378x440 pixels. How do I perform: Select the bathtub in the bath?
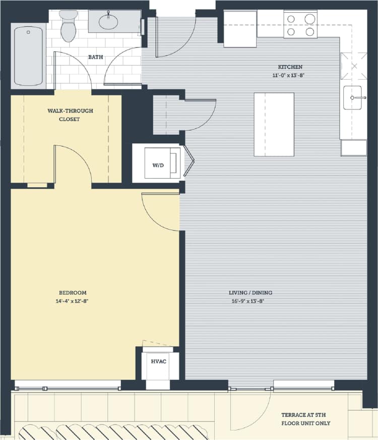28,56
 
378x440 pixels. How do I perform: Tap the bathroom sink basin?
108,22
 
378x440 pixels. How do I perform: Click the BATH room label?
96,57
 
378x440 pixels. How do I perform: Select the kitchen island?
274,125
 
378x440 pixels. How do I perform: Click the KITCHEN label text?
290,67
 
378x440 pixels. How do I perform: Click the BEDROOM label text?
73,293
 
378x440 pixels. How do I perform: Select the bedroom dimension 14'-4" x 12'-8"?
73,301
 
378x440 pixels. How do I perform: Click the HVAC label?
158,361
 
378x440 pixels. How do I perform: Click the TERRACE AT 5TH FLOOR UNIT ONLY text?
306,419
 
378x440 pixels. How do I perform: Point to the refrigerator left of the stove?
240,29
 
